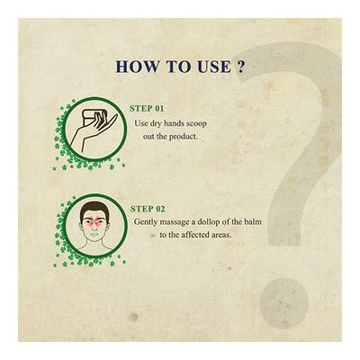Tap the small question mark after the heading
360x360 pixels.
pyautogui.click(x=240, y=67)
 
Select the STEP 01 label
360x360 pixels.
pyautogui.click(x=147, y=109)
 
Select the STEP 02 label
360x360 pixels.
pyautogui.click(x=148, y=209)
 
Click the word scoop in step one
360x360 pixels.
pyautogui.click(x=196, y=124)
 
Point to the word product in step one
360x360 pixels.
pyautogui.click(x=184, y=137)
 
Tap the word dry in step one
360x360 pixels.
pyautogui.click(x=154, y=124)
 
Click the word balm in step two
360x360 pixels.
pyautogui.click(x=253, y=221)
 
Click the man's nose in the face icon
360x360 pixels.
pyautogui.click(x=94, y=225)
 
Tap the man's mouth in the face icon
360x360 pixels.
pyautogui.click(x=94, y=234)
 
